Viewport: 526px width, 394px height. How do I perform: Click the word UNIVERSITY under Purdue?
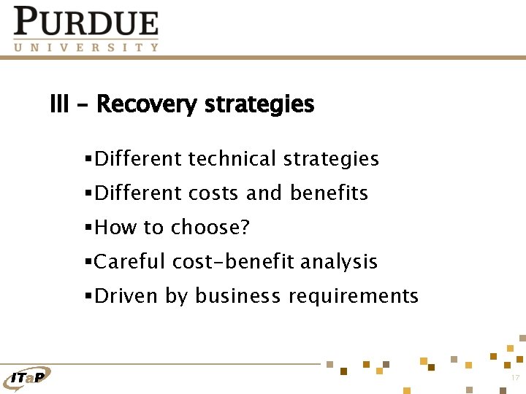point(86,47)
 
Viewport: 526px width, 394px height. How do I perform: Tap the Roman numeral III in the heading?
point(59,105)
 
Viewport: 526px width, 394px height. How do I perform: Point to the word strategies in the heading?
point(259,105)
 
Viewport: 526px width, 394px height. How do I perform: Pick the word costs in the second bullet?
point(214,193)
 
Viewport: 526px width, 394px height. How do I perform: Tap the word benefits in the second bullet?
point(329,193)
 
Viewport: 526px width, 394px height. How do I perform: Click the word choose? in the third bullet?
point(210,228)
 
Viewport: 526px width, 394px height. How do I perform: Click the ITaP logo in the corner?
point(27,376)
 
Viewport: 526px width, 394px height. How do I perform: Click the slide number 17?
point(514,377)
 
